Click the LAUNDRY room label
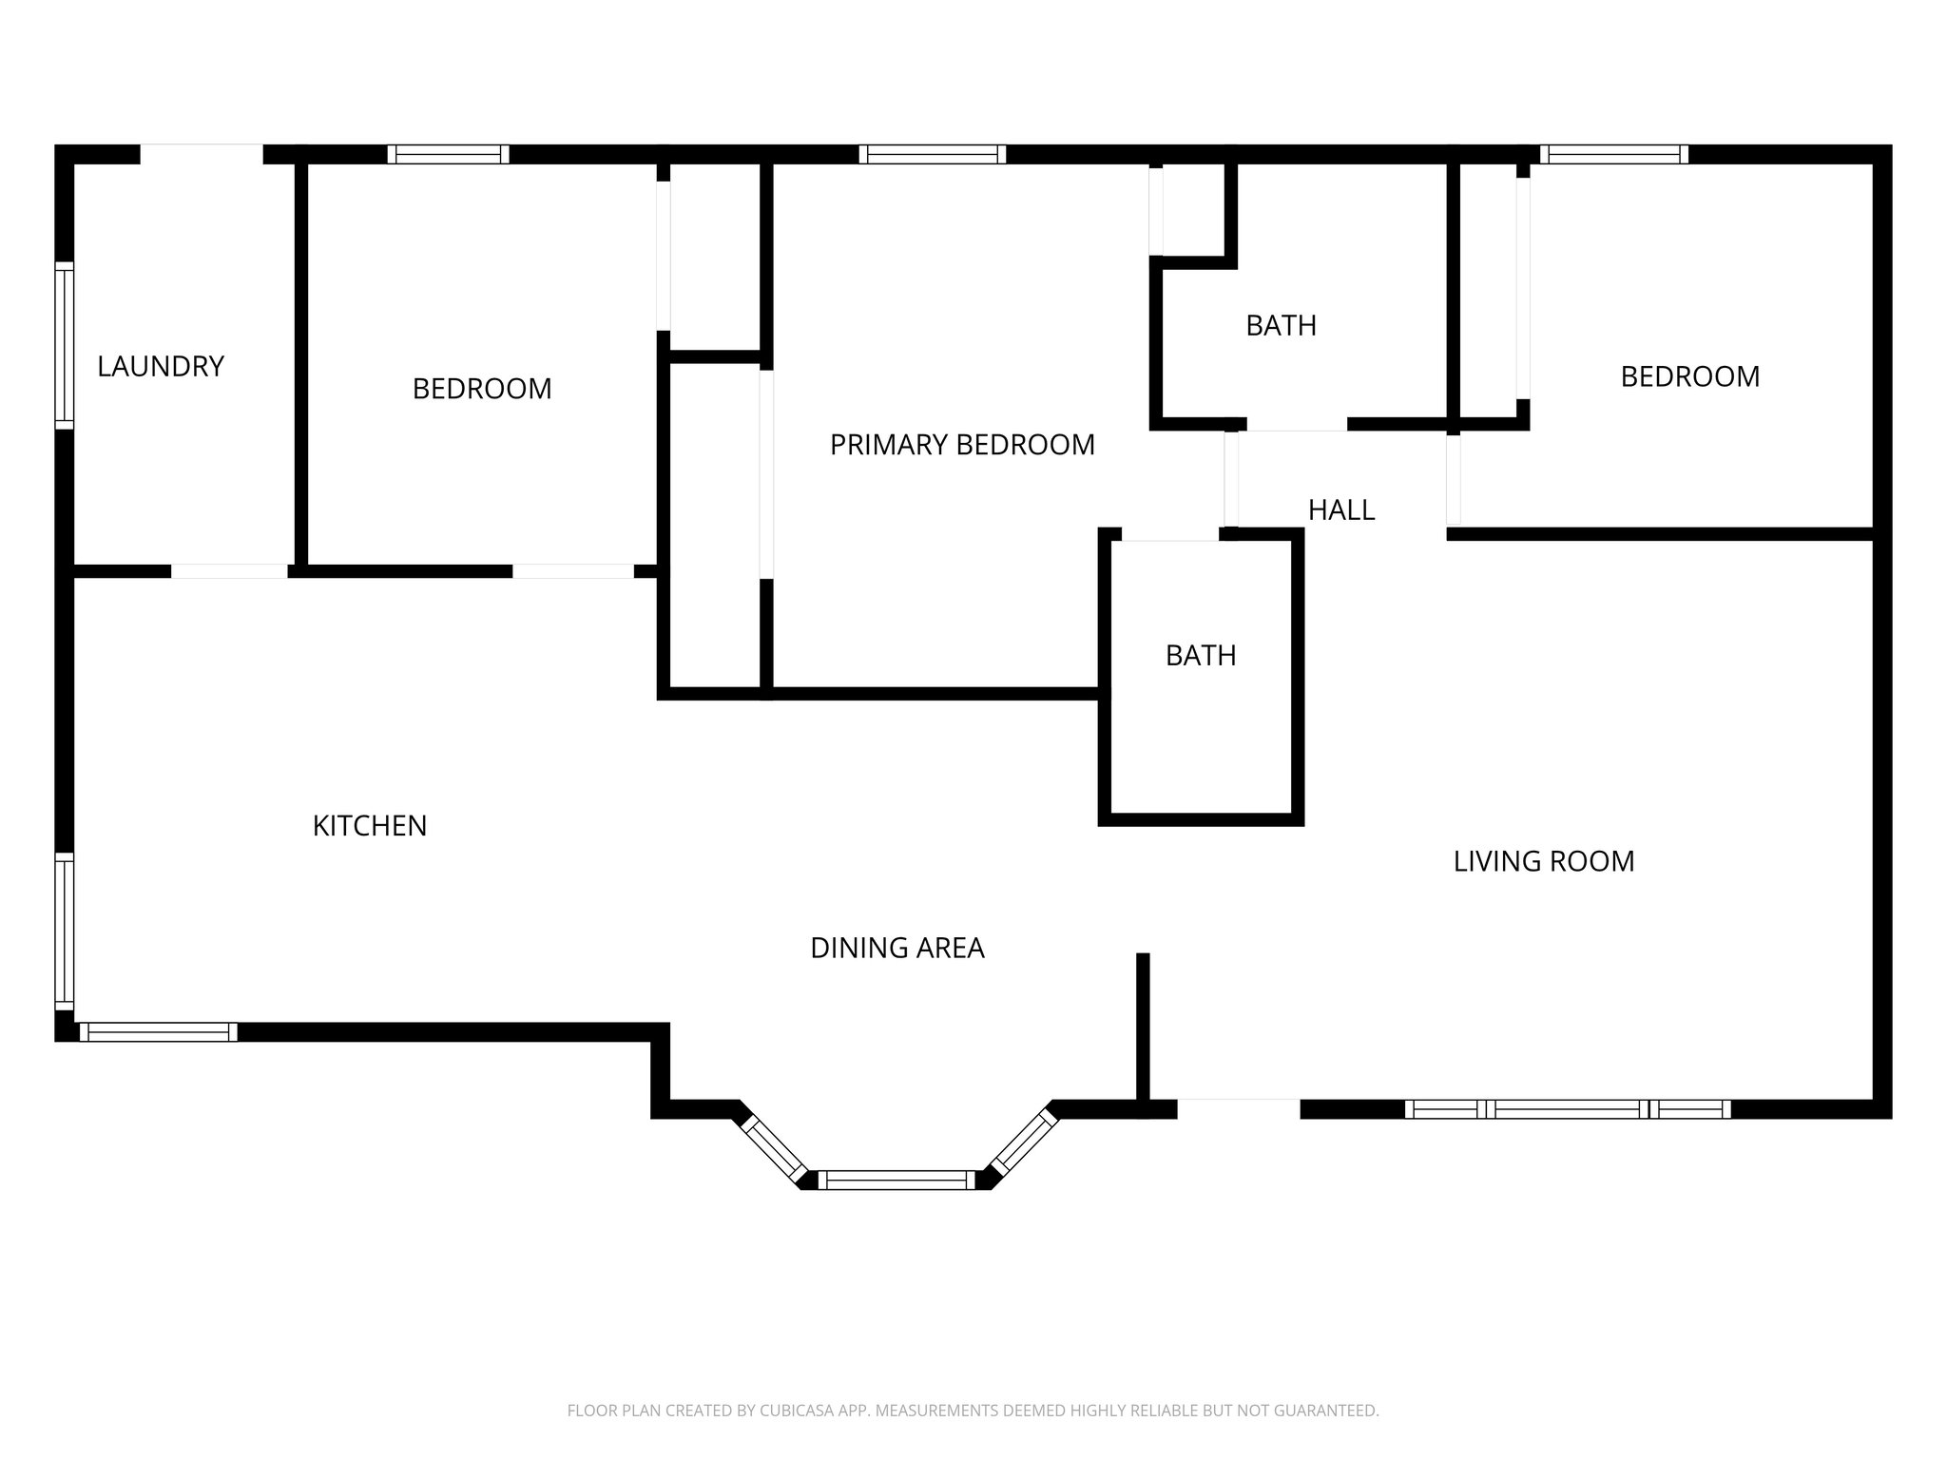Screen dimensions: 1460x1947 tap(161, 366)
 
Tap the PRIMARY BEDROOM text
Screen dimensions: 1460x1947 tap(962, 445)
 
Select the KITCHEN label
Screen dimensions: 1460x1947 tap(370, 826)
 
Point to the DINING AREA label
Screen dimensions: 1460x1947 tap(896, 948)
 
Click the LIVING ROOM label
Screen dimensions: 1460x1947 tap(1544, 861)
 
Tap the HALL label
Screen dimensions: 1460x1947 tap(1341, 510)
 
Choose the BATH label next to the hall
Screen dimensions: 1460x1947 tap(1201, 656)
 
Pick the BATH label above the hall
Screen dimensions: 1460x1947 tap(1281, 326)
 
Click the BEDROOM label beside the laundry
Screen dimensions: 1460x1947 tap(482, 389)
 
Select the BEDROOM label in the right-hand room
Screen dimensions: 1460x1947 tap(1689, 376)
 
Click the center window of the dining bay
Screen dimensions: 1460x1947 tap(896, 1181)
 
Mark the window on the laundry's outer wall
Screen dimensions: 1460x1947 tap(64, 345)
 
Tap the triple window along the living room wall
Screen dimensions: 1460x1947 tap(1568, 1108)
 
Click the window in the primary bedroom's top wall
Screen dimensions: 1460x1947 tap(932, 154)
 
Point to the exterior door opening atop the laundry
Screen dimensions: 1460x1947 tap(202, 154)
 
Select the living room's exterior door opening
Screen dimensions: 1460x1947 tap(1238, 1108)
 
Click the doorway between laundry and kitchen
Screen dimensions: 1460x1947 tap(229, 571)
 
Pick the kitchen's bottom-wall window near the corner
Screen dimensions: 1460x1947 tap(158, 1032)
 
